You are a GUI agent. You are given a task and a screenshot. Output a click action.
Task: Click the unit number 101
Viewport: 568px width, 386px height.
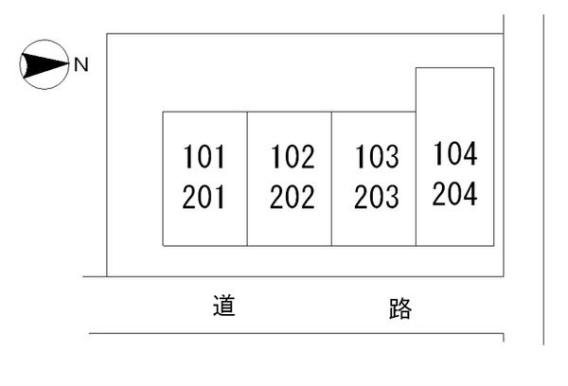pyautogui.click(x=204, y=156)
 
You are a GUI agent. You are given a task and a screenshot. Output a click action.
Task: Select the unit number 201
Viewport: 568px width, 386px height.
pyautogui.click(x=204, y=197)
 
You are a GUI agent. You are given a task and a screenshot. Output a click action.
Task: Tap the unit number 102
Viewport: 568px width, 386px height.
pyautogui.click(x=293, y=156)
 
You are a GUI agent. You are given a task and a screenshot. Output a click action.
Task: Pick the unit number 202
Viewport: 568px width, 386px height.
pyautogui.click(x=293, y=197)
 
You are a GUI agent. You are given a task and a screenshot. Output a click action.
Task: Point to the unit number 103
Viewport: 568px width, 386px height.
pyautogui.click(x=377, y=156)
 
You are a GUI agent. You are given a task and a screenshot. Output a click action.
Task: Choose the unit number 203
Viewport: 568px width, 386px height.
pyautogui.click(x=377, y=197)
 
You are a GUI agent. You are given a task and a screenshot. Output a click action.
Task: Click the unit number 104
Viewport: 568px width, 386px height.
pyautogui.click(x=455, y=153)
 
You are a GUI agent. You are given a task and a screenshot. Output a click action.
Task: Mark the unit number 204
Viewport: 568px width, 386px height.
pyautogui.click(x=454, y=193)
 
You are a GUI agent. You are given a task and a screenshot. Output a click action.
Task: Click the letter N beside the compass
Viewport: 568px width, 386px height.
pyautogui.click(x=81, y=65)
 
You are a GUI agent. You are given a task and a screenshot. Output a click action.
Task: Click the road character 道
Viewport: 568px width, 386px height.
pyautogui.click(x=223, y=306)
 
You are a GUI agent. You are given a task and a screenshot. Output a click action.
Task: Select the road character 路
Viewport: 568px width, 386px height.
pyautogui.click(x=400, y=308)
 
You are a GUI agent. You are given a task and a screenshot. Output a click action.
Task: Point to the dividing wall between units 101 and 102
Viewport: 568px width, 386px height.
pyautogui.click(x=247, y=179)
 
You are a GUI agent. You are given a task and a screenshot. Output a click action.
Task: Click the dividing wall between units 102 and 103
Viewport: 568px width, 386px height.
pyautogui.click(x=331, y=179)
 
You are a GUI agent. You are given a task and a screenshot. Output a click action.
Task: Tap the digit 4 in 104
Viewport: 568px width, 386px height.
pyautogui.click(x=470, y=153)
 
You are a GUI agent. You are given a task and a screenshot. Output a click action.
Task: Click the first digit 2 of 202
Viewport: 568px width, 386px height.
pyautogui.click(x=276, y=197)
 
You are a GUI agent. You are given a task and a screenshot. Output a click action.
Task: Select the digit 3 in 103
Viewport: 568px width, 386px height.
pyautogui.click(x=392, y=156)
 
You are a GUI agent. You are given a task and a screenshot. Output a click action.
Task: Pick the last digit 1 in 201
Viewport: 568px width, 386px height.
pyautogui.click(x=220, y=197)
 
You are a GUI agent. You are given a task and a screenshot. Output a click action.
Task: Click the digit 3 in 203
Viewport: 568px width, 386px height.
pyautogui.click(x=392, y=197)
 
